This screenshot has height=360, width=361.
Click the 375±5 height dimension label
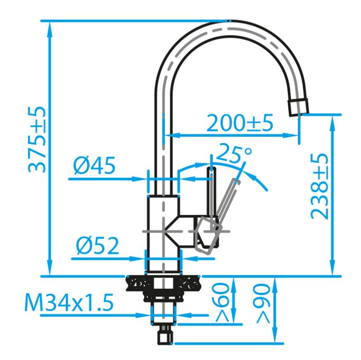coord(37,140)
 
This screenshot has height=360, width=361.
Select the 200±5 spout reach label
coord(240,123)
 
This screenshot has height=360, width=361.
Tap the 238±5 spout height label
coord(319,187)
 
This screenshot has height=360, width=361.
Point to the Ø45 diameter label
coord(94,165)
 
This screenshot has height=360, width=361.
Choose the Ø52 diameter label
coord(97,246)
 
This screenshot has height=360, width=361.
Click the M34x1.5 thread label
coord(69,302)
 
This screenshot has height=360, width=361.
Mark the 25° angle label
coord(234,153)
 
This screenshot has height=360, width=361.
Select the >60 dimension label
coord(222,302)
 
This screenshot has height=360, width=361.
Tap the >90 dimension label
coord(263,303)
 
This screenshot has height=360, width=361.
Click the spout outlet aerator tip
coord(298,107)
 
